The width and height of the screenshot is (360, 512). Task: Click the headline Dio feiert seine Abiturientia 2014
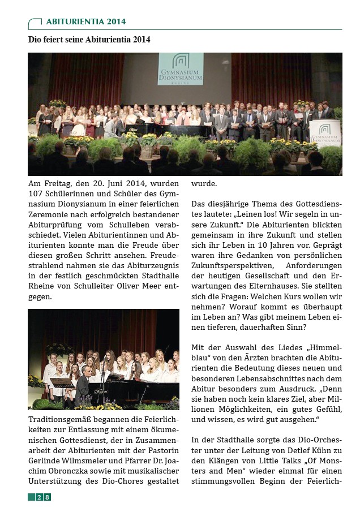click(89, 40)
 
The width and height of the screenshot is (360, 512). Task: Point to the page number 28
click(42, 497)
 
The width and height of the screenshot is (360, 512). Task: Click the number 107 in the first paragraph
click(37, 195)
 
